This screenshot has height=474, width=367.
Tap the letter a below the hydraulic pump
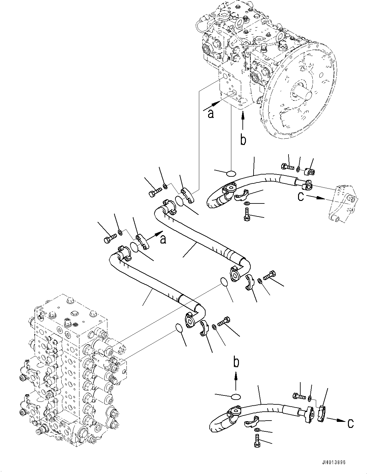tap(211, 114)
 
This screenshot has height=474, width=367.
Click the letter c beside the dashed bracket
tap(301, 197)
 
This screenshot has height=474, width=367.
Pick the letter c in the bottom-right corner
tap(350, 429)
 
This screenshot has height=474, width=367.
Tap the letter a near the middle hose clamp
tap(163, 239)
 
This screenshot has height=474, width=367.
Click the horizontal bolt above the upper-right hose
tap(288, 167)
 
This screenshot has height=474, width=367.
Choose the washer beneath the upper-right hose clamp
tap(247, 203)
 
